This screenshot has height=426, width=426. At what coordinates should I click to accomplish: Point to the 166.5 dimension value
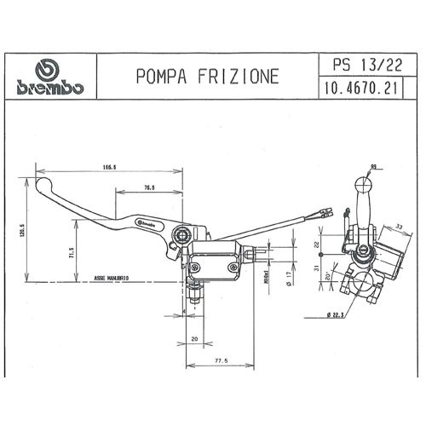(108, 168)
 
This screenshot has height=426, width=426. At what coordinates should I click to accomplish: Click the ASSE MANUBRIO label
(112, 279)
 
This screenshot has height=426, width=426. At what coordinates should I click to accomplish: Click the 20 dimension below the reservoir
(195, 339)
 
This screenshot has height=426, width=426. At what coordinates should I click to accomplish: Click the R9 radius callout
(373, 168)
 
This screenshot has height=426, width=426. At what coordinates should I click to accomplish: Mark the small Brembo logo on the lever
(148, 224)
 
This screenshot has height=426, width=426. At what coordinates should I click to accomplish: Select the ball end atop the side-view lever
(364, 182)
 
